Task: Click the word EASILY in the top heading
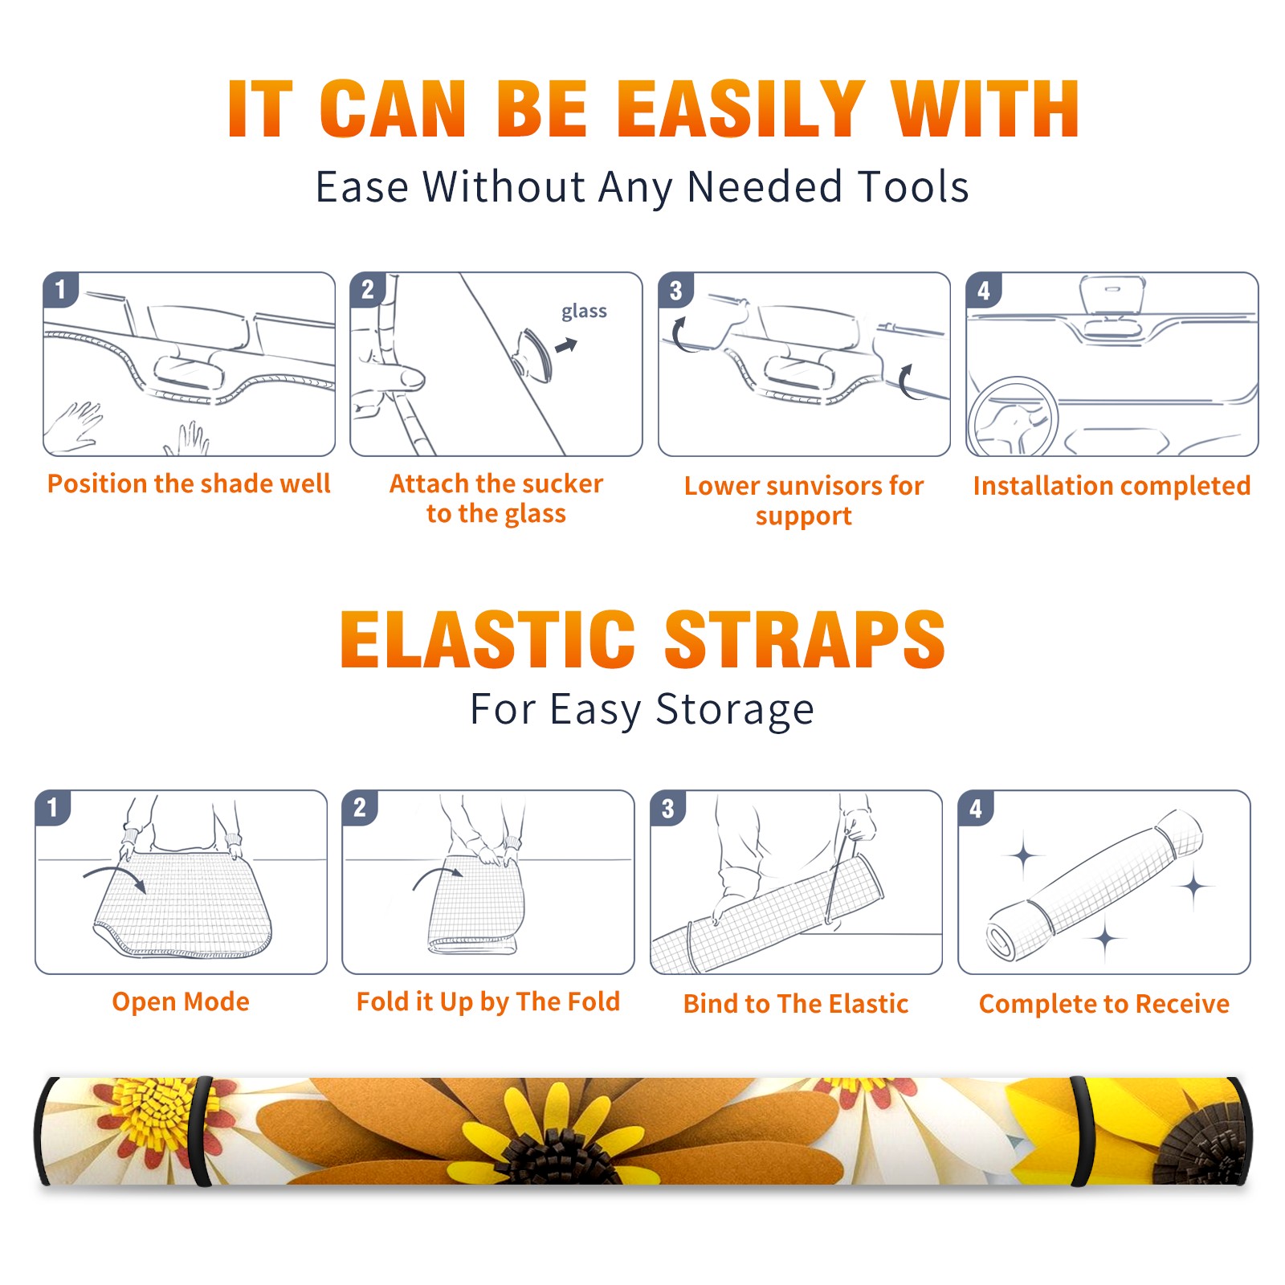coord(740,109)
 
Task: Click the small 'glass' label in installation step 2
coord(584,312)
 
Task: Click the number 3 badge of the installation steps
coord(675,291)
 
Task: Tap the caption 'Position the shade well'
coord(189,483)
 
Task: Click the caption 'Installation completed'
coord(1112,485)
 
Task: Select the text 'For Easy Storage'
coord(642,710)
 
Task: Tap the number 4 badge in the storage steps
coord(976,808)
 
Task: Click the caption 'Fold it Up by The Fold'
coord(488,1001)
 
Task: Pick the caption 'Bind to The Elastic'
coord(796,1004)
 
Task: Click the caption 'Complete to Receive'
coord(1104,1004)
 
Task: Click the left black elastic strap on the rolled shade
coord(201,1131)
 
